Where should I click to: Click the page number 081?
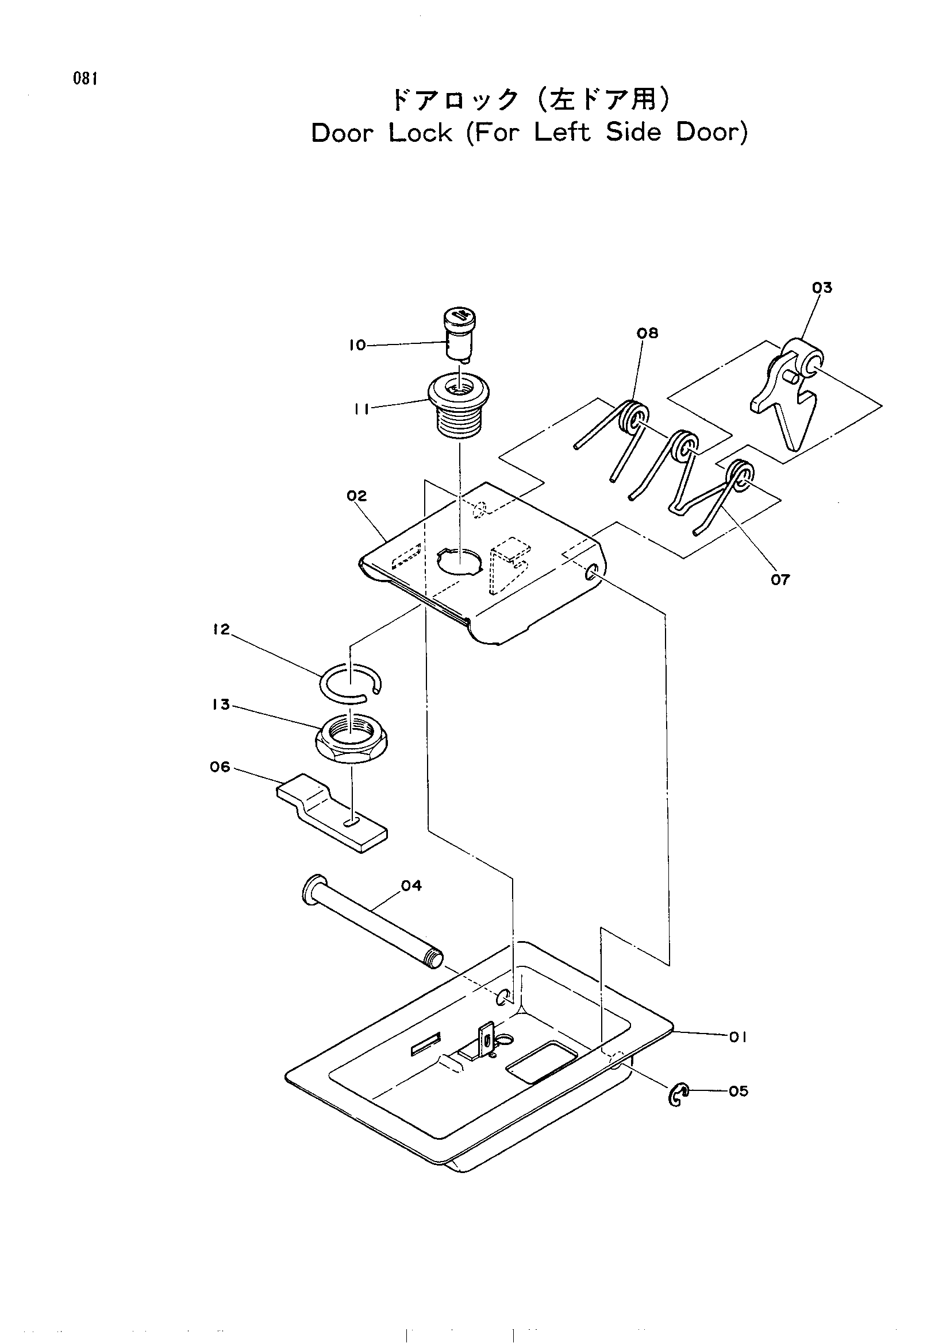(85, 79)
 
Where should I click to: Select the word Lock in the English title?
(421, 133)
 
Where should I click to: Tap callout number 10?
(357, 345)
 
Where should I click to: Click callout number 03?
(822, 287)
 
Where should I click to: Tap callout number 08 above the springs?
(647, 333)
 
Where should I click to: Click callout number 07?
(780, 580)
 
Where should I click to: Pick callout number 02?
(356, 496)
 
